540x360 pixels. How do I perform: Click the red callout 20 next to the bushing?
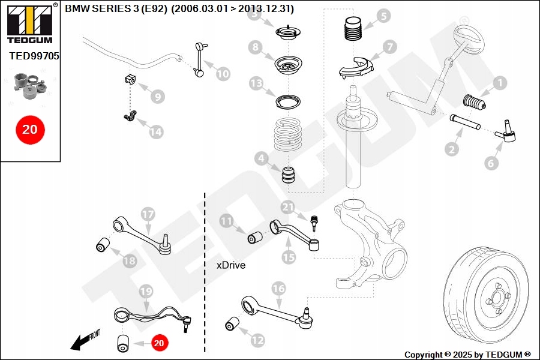159,343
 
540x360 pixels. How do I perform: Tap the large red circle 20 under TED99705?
29,129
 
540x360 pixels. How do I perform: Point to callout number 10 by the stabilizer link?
223,74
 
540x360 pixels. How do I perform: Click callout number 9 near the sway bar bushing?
157,96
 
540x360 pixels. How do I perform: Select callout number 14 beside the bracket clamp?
156,132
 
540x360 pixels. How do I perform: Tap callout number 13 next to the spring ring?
257,83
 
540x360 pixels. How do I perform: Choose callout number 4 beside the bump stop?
260,159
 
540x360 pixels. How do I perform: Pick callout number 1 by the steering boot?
500,83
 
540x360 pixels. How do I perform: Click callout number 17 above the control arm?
148,214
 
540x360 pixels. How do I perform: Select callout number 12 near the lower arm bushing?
257,340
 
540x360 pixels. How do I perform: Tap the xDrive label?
231,265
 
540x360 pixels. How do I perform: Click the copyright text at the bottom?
467,355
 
